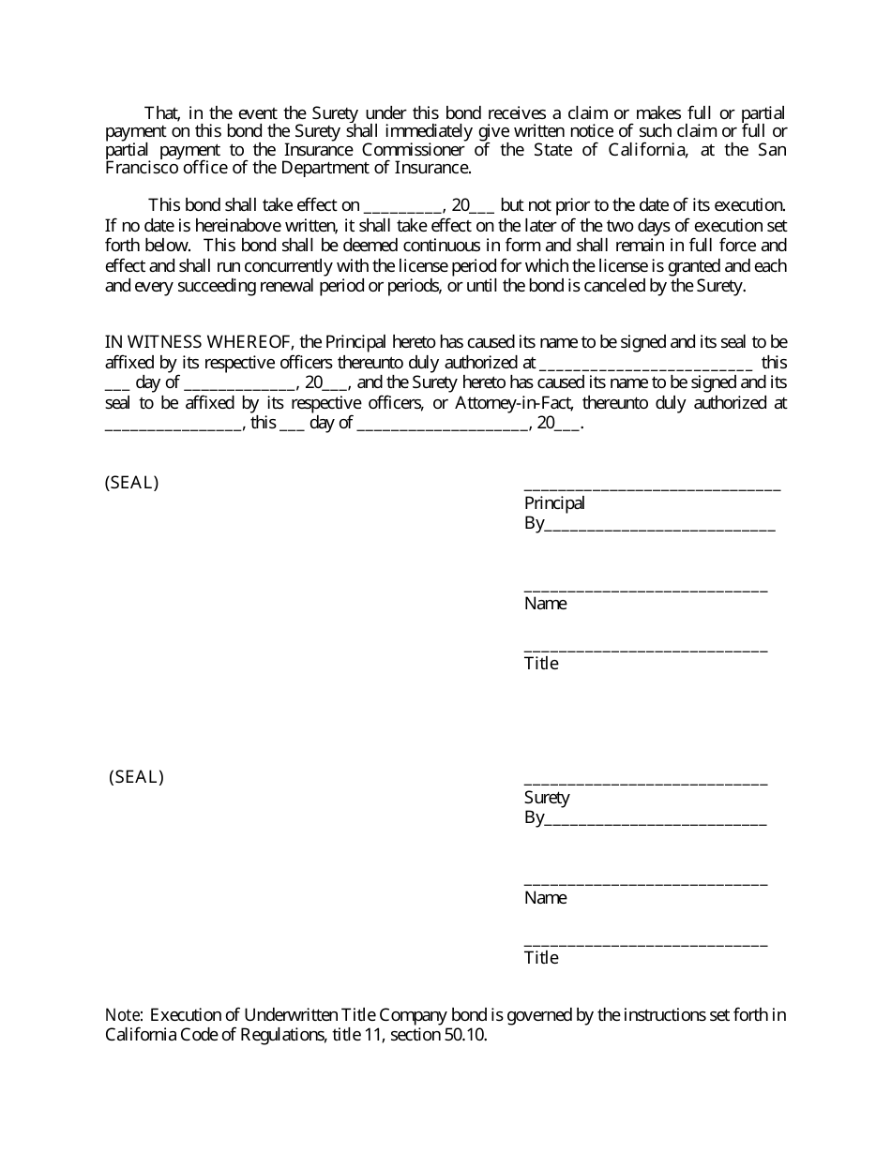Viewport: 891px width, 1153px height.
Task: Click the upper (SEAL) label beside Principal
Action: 131,484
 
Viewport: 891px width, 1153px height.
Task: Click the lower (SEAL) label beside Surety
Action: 136,777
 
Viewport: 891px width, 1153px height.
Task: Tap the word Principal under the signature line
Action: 554,503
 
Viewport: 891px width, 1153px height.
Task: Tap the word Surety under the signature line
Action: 547,798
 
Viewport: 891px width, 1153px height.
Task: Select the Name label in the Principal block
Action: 545,604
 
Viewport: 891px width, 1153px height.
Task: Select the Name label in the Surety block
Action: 545,898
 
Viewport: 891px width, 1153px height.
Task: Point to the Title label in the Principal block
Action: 541,664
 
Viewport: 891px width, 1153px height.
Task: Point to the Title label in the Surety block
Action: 541,958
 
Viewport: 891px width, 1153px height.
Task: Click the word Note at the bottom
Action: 123,1015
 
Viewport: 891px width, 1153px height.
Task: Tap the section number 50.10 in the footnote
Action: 467,1036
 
